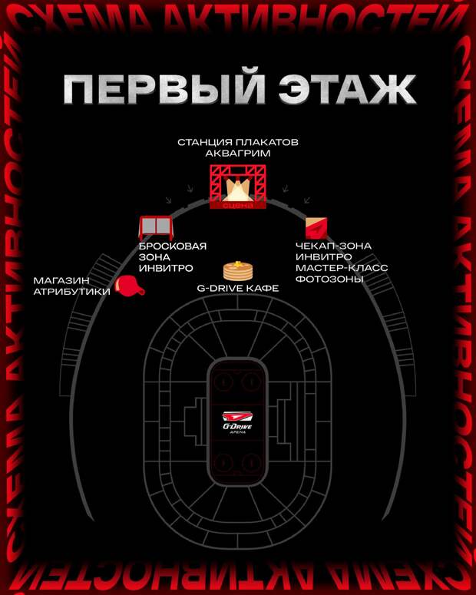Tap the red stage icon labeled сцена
click(x=238, y=188)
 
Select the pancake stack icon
click(x=238, y=269)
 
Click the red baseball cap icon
click(x=129, y=286)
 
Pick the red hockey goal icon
click(x=156, y=227)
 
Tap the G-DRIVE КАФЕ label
click(x=238, y=289)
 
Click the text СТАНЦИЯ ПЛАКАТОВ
click(x=238, y=142)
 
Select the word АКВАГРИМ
click(x=238, y=154)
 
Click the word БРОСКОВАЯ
click(x=173, y=246)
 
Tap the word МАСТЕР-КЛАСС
click(x=342, y=268)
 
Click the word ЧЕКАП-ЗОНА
click(x=333, y=246)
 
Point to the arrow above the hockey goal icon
click(x=168, y=200)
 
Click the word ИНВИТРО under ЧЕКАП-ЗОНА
click(x=323, y=257)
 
